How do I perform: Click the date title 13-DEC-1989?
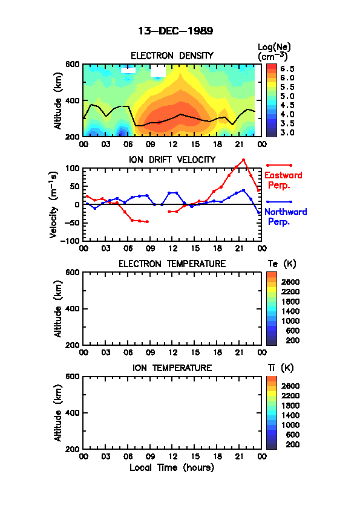[x=175, y=31]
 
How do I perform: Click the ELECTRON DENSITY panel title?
[x=172, y=56]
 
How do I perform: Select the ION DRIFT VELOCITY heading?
[x=172, y=160]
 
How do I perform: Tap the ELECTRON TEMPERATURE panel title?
[x=172, y=264]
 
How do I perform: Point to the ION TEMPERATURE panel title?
[x=172, y=368]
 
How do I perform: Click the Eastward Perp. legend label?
[x=283, y=180]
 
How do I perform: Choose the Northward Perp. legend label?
[x=285, y=217]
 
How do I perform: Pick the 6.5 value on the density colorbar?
[x=287, y=69]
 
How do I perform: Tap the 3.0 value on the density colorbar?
[x=287, y=132]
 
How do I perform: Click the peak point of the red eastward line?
[x=243, y=160]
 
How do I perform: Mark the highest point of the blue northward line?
[x=243, y=190]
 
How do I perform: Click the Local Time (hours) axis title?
[x=172, y=468]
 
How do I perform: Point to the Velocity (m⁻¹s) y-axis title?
[x=54, y=204]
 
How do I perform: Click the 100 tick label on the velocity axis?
[x=73, y=168]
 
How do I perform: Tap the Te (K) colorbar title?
[x=282, y=264]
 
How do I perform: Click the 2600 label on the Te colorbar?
[x=290, y=282]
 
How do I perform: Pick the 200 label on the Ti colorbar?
[x=292, y=444]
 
